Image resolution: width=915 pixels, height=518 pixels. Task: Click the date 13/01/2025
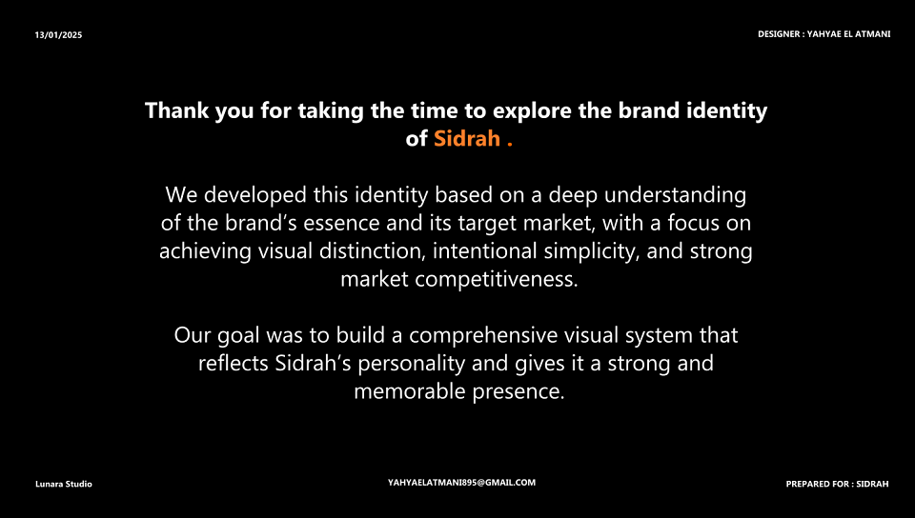click(x=58, y=35)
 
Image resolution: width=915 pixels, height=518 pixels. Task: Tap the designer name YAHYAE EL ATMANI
click(x=848, y=34)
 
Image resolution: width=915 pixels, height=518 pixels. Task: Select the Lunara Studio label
click(x=64, y=484)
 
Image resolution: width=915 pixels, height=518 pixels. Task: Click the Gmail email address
click(x=461, y=483)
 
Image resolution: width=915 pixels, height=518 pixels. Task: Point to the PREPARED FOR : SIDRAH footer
click(x=838, y=484)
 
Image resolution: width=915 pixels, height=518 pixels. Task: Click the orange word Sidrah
click(x=467, y=139)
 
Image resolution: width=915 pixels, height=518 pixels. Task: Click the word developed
click(x=255, y=194)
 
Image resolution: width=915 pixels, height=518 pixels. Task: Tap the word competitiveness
click(x=496, y=279)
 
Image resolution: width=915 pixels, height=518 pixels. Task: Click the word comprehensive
click(x=483, y=335)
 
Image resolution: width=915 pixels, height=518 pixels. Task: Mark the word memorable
click(x=410, y=391)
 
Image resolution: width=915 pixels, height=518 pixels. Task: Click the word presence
click(x=518, y=391)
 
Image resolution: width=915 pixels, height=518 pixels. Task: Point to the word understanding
click(x=675, y=194)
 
